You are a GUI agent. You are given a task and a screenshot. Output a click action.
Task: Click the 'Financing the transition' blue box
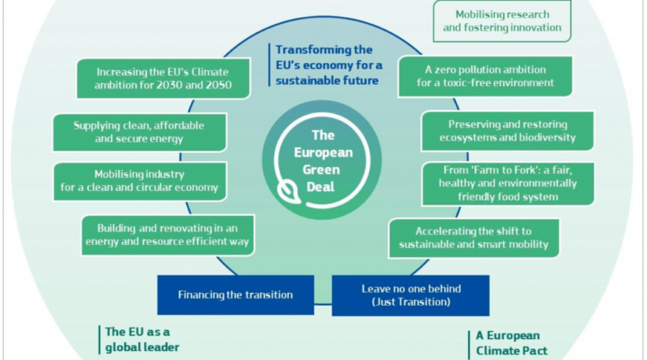tap(235, 294)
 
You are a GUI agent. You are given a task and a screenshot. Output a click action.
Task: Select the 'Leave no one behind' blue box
tap(411, 295)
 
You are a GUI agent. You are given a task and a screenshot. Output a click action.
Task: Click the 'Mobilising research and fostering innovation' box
tap(502, 21)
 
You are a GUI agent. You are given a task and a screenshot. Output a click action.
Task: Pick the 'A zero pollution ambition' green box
tap(485, 76)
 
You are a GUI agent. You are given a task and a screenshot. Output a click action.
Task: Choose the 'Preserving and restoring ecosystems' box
tap(508, 131)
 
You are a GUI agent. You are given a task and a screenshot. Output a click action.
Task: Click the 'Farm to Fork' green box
tap(508, 184)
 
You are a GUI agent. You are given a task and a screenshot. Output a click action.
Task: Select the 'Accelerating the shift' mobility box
tap(474, 238)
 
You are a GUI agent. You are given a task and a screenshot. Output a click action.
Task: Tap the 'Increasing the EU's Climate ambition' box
tap(163, 78)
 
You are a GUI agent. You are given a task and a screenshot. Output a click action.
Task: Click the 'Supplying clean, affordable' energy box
tap(139, 132)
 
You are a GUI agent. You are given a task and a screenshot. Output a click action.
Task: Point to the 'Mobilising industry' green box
tap(139, 181)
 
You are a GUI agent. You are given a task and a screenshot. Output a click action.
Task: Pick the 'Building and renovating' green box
tap(167, 235)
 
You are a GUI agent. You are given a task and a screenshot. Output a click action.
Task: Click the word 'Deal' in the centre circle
tap(320, 187)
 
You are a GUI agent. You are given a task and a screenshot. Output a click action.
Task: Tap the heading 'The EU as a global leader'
tap(142, 339)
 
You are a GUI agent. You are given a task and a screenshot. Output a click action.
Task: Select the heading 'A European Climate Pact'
tap(512, 343)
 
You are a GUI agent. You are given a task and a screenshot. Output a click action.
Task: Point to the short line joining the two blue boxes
tap(323, 305)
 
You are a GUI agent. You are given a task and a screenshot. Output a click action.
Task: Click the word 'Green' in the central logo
tap(321, 170)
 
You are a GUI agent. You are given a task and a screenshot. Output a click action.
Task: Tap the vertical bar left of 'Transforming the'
tap(269, 65)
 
